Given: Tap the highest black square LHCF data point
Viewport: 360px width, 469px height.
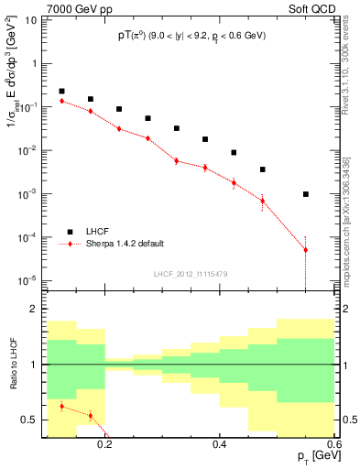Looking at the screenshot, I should (x=61, y=92).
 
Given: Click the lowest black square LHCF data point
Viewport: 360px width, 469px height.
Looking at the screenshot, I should (x=306, y=194).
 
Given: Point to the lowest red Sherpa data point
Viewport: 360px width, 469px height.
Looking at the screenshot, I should (x=306, y=249).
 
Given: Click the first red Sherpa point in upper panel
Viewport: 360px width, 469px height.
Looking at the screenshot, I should (x=61, y=101).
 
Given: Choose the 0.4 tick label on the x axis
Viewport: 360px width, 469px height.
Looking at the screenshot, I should (x=219, y=444).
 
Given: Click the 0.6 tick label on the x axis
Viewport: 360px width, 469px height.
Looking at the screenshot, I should (x=333, y=444).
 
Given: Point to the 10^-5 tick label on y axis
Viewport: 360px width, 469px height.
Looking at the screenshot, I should (x=29, y=280).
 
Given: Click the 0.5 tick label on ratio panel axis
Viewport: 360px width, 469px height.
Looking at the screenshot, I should (x=30, y=420).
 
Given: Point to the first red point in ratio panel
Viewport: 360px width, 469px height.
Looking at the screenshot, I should (x=61, y=406).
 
